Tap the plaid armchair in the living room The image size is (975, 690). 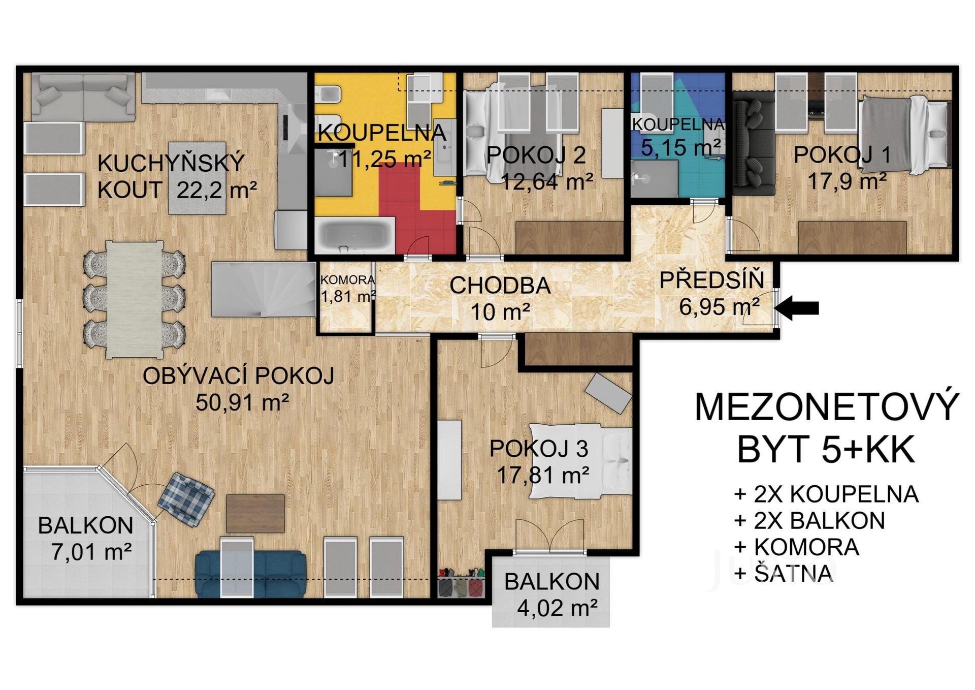[185, 498]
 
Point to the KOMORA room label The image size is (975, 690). [348, 279]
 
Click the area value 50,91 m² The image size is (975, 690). [242, 403]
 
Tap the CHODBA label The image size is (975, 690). [500, 286]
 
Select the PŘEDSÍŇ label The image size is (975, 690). [711, 280]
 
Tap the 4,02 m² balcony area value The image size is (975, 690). [557, 608]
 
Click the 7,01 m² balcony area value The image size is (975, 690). [92, 552]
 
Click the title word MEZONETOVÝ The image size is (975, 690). [827, 406]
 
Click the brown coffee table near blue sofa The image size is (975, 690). [255, 513]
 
